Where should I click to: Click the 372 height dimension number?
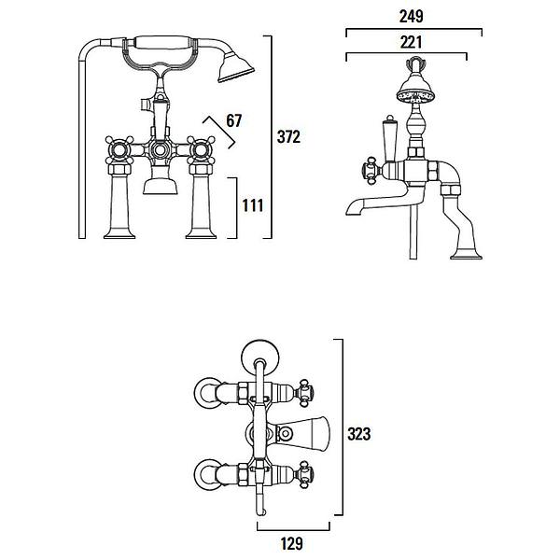point(289,137)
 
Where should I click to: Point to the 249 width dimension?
point(413,17)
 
